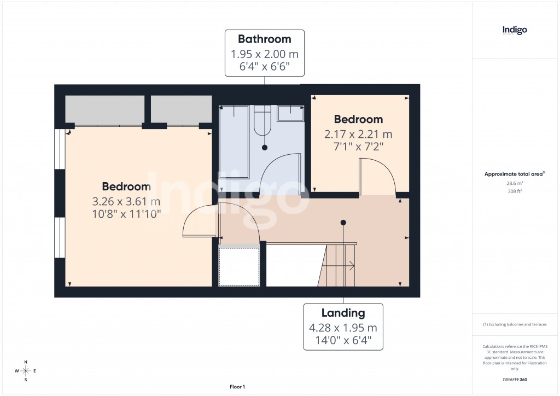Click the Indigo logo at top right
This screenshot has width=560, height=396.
pyautogui.click(x=515, y=30)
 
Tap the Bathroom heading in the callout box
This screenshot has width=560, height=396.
pyautogui.click(x=265, y=39)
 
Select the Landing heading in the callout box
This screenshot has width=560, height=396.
pyautogui.click(x=343, y=313)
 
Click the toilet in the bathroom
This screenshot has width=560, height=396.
pyautogui.click(x=262, y=120)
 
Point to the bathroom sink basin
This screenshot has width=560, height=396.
pyautogui.click(x=290, y=113)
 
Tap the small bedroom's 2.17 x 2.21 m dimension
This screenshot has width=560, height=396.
pyautogui.click(x=358, y=134)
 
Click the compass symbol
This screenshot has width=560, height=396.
pyautogui.click(x=26, y=371)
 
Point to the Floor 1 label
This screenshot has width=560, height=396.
pyautogui.click(x=237, y=387)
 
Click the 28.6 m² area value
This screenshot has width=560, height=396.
pyautogui.click(x=515, y=184)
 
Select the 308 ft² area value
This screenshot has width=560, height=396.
pyautogui.click(x=515, y=191)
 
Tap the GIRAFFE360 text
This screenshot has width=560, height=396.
pyautogui.click(x=515, y=380)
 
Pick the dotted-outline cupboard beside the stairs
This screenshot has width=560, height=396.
pyautogui.click(x=239, y=266)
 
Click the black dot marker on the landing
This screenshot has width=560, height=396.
pyautogui.click(x=343, y=223)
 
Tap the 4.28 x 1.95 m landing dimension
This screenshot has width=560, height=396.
pyautogui.click(x=343, y=328)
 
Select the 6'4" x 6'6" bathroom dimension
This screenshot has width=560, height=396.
pyautogui.click(x=265, y=67)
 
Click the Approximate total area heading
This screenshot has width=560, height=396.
pyautogui.click(x=515, y=174)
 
